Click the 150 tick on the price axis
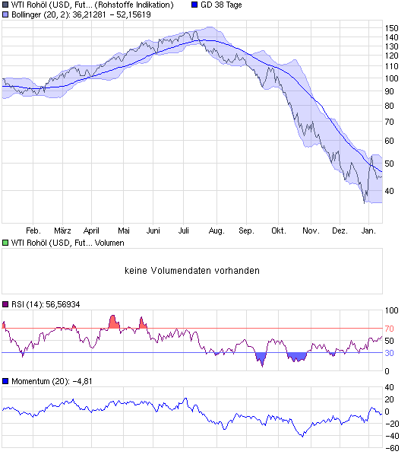[x=392, y=27]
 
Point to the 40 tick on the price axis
[x=390, y=191]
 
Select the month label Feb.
[x=33, y=230]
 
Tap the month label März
[x=63, y=230]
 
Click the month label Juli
[x=185, y=230]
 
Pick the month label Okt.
[x=278, y=230]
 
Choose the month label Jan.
[x=370, y=230]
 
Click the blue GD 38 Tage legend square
[x=194, y=5]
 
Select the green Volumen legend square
[x=5, y=243]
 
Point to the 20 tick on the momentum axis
[x=390, y=399]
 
